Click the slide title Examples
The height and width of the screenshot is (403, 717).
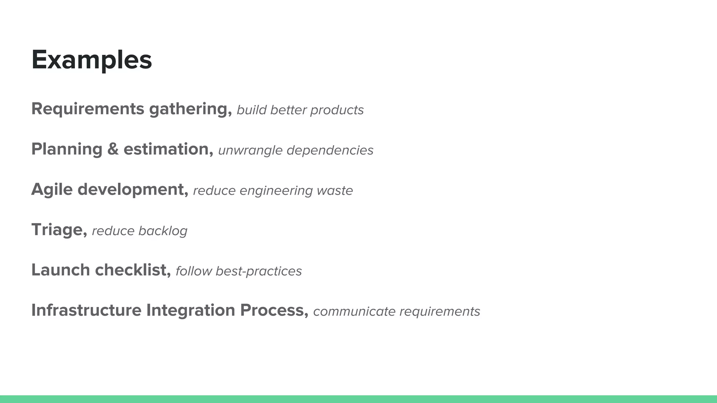pos(92,60)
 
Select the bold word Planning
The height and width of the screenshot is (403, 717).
pos(67,149)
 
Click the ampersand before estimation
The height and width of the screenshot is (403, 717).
pos(113,149)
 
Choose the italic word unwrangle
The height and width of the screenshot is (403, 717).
pos(250,150)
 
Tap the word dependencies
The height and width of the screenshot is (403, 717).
pos(330,150)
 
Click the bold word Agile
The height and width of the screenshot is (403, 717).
pos(52,190)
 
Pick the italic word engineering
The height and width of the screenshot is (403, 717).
pos(276,191)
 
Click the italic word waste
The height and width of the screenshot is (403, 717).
pos(335,191)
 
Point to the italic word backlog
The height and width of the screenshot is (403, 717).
pos(163,231)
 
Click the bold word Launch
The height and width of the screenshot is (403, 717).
pos(61,270)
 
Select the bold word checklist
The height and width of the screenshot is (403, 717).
pos(133,270)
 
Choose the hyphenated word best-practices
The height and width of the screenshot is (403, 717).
pos(258,271)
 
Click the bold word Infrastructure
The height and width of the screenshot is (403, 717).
pos(86,310)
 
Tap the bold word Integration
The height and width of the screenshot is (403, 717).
pos(190,310)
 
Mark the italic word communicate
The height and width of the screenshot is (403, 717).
pos(354,311)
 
